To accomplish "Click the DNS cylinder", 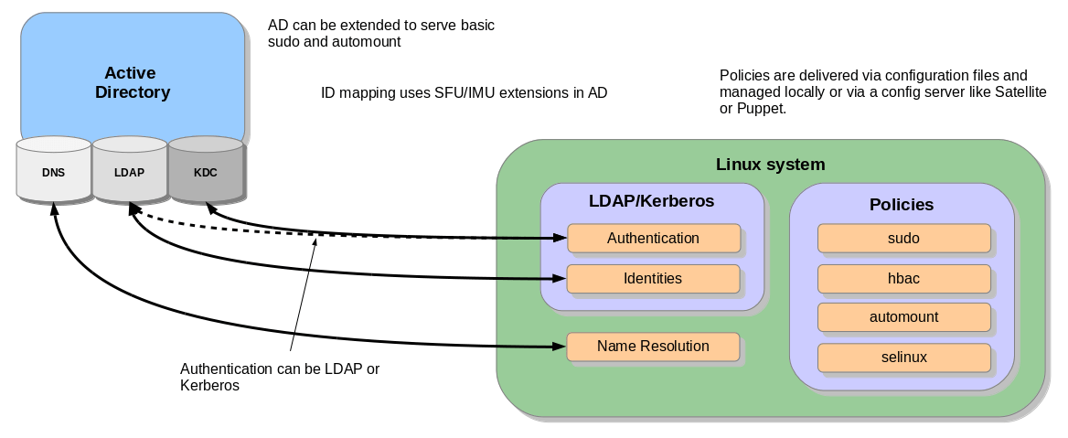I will [x=53, y=171].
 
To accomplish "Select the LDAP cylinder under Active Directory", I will [x=129, y=171].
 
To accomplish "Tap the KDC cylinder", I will [x=206, y=171].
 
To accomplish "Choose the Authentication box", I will [x=653, y=238].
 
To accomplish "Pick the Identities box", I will [x=653, y=278].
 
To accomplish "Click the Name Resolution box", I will [x=653, y=347].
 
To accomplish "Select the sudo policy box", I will [x=903, y=238].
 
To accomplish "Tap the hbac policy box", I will [x=903, y=278].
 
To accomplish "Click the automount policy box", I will [x=903, y=317].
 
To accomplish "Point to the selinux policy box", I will [x=903, y=357].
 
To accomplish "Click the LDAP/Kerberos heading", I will [x=651, y=200].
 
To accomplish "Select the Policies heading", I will [x=902, y=205].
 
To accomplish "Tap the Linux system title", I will [x=770, y=165].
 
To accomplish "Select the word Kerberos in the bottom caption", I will [x=209, y=386].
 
